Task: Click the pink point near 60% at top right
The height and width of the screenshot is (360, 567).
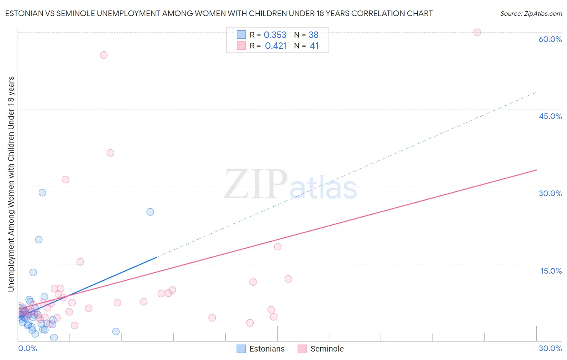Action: pyautogui.click(x=477, y=32)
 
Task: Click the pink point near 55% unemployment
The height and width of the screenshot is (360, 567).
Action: pyautogui.click(x=104, y=55)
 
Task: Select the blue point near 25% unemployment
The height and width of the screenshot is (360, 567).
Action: pyautogui.click(x=150, y=212)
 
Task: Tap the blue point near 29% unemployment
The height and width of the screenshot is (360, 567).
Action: pyautogui.click(x=42, y=193)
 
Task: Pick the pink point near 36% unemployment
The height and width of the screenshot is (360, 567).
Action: pyautogui.click(x=110, y=153)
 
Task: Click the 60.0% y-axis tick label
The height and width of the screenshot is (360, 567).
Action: pyautogui.click(x=550, y=39)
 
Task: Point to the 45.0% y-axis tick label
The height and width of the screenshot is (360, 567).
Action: pyautogui.click(x=550, y=116)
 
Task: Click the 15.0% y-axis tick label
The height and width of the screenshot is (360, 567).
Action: pyautogui.click(x=551, y=271)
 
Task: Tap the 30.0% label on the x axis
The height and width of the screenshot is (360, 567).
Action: pyautogui.click(x=550, y=348)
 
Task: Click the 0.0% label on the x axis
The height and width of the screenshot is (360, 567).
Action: pyautogui.click(x=27, y=348)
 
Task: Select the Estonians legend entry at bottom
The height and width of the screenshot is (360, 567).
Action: pyautogui.click(x=261, y=349)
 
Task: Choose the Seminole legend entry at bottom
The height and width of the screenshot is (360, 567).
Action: pyautogui.click(x=321, y=349)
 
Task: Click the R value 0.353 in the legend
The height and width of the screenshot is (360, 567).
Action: pyautogui.click(x=275, y=35)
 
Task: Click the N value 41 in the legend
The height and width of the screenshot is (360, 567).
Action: pyautogui.click(x=314, y=46)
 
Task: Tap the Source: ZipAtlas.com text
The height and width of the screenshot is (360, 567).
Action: pyautogui.click(x=531, y=13)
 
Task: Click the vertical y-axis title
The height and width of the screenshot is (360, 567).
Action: pyautogui.click(x=11, y=184)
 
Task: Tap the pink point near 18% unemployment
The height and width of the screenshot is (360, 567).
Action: pyautogui.click(x=277, y=247)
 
